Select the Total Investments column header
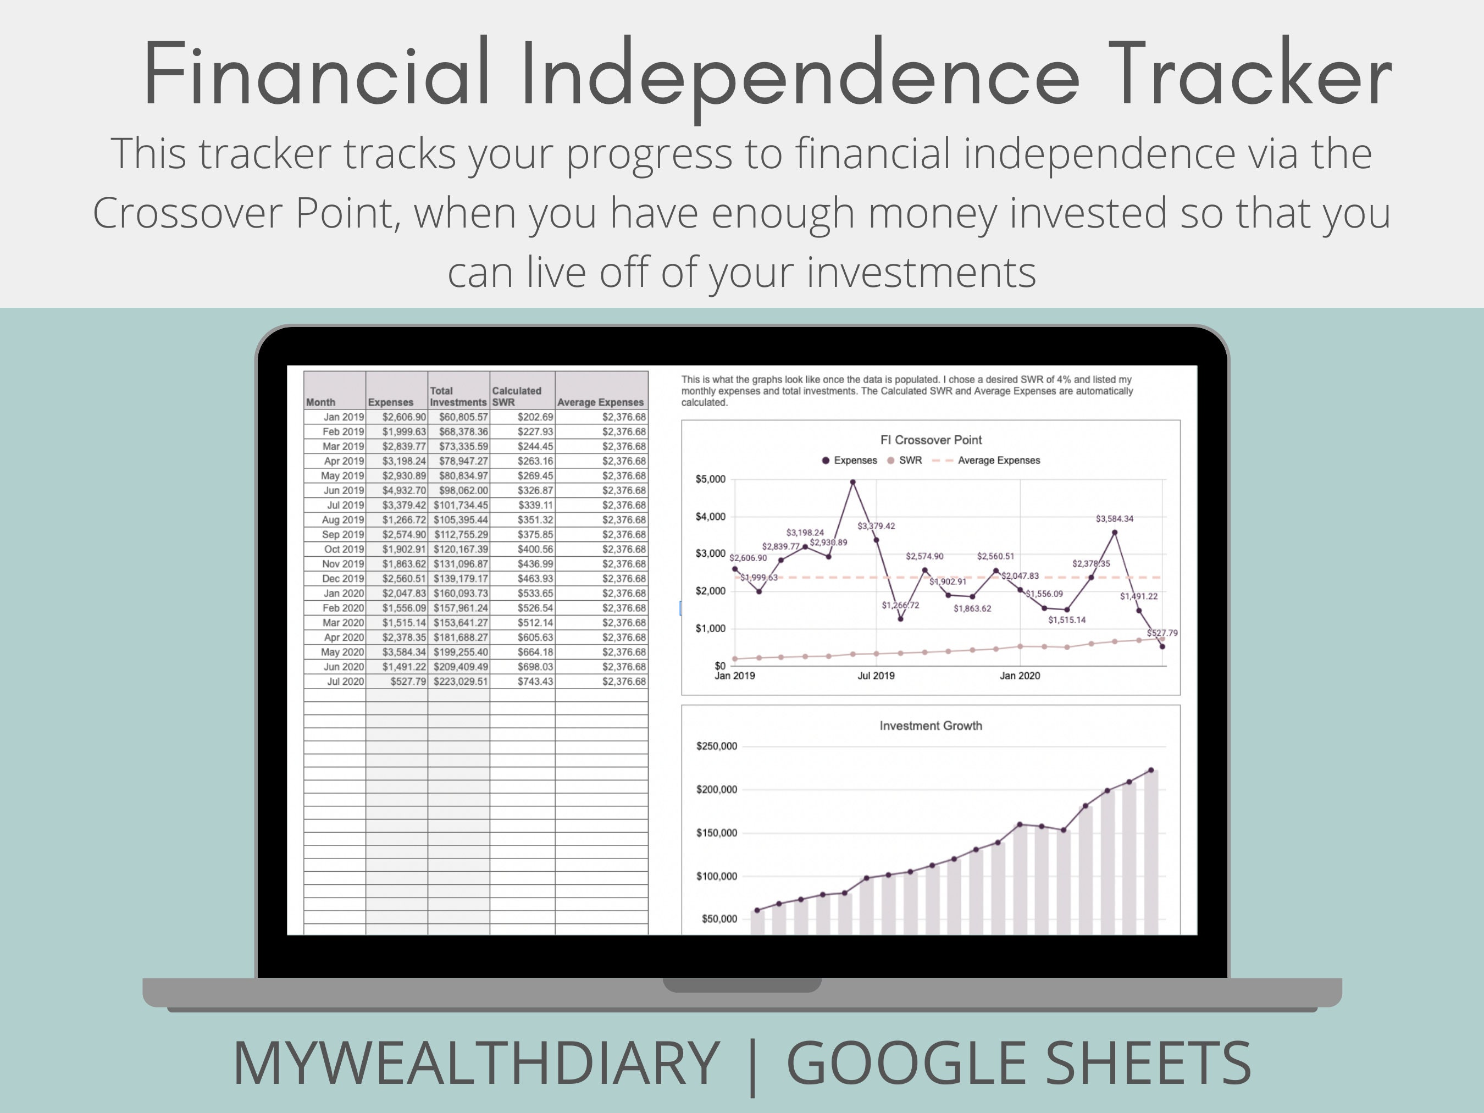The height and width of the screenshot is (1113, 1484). (458, 396)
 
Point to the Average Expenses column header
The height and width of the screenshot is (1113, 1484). (600, 402)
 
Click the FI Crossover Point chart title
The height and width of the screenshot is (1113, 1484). (931, 440)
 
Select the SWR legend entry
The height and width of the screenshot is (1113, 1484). (910, 460)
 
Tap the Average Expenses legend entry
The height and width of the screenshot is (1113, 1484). (998, 460)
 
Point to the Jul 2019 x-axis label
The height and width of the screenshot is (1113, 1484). (876, 675)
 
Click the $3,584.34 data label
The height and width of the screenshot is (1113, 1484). (1114, 519)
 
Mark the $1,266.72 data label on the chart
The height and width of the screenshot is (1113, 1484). (900, 605)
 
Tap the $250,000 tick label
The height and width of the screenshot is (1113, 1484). (717, 746)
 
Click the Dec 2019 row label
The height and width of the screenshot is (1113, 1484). (343, 578)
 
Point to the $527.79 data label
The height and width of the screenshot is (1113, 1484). (1162, 633)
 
